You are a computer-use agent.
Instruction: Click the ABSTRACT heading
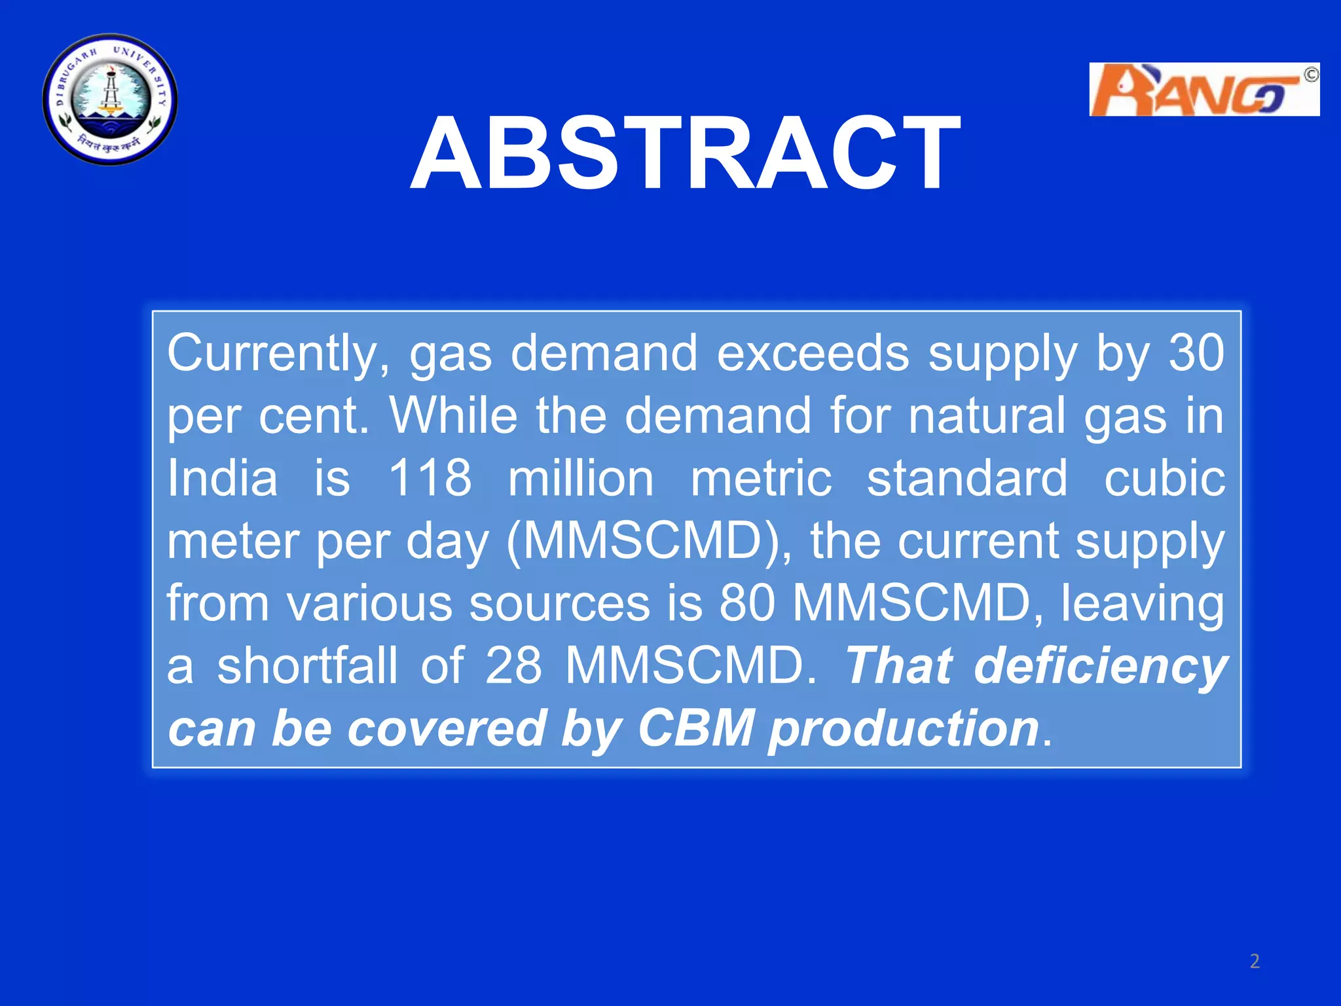pyautogui.click(x=686, y=153)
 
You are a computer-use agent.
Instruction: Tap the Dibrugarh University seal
pyautogui.click(x=110, y=100)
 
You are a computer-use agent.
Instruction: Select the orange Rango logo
pyautogui.click(x=1203, y=90)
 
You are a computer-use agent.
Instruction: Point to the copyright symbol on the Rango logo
pyautogui.click(x=1310, y=75)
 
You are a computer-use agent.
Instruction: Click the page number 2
pyautogui.click(x=1254, y=961)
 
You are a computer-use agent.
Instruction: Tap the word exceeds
pyautogui.click(x=813, y=354)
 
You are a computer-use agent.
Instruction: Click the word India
pyautogui.click(x=223, y=479)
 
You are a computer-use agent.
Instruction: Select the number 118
pyautogui.click(x=430, y=479)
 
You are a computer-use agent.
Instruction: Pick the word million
pyautogui.click(x=581, y=479)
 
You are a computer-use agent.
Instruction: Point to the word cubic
pyautogui.click(x=1164, y=479)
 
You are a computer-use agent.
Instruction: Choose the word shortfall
pyautogui.click(x=307, y=666)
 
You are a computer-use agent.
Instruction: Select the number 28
pyautogui.click(x=513, y=666)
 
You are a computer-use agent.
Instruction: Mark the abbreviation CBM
pyautogui.click(x=695, y=728)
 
